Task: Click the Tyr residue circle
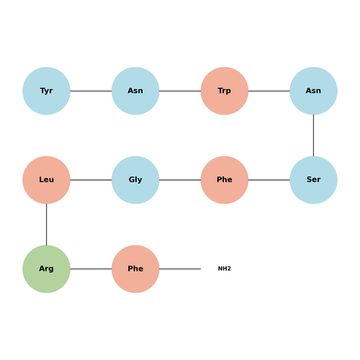click(x=46, y=91)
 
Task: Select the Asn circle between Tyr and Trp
click(x=135, y=91)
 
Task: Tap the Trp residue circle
click(x=225, y=91)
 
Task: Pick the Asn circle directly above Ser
click(x=313, y=91)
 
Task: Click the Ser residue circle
click(x=313, y=180)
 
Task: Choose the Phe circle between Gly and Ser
click(x=225, y=180)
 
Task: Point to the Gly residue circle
click(x=135, y=180)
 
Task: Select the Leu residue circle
click(x=46, y=180)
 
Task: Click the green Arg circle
click(x=46, y=269)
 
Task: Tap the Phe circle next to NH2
click(x=135, y=269)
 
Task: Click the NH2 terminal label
click(x=225, y=269)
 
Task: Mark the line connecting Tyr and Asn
click(x=91, y=91)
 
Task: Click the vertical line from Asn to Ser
click(x=313, y=135)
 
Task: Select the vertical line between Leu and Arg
click(x=46, y=225)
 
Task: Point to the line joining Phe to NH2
click(x=180, y=269)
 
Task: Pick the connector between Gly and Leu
click(x=91, y=180)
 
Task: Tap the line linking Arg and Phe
click(x=91, y=269)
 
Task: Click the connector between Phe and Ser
click(x=269, y=180)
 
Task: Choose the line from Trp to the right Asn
click(x=269, y=91)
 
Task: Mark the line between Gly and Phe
click(x=180, y=180)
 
